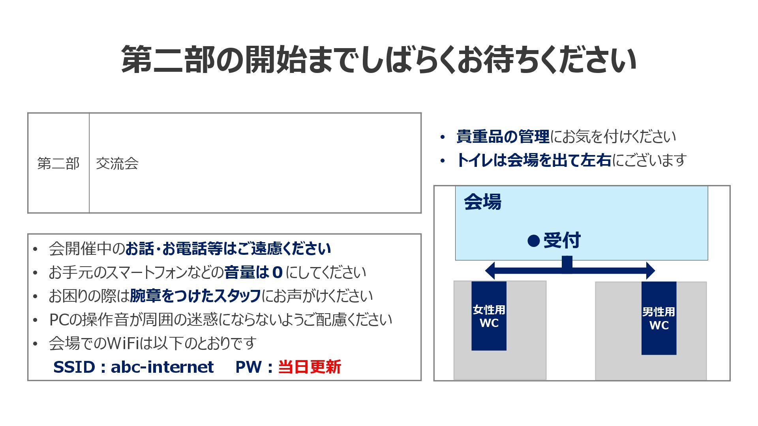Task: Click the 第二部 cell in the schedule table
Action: point(58,163)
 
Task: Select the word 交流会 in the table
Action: point(117,163)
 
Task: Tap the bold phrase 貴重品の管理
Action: point(503,136)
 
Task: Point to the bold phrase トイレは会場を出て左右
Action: point(534,160)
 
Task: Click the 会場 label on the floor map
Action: point(482,202)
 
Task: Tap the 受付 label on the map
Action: point(562,240)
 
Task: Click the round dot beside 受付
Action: point(533,241)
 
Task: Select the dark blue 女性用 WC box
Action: point(489,316)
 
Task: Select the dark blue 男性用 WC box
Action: point(659,318)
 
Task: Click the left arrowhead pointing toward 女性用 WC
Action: point(490,271)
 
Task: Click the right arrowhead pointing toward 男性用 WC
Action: point(650,271)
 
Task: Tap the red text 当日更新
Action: point(310,367)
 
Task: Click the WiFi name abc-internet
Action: point(162,367)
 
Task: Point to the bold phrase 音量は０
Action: point(253,272)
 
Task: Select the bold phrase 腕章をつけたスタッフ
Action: point(195,296)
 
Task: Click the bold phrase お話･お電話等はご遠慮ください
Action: point(228,248)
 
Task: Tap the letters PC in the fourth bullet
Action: point(59,319)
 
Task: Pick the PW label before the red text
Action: point(248,367)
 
